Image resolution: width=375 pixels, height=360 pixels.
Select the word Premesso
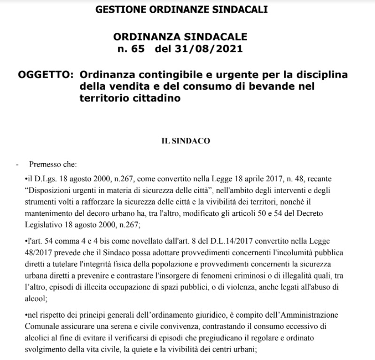coord(44,165)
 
